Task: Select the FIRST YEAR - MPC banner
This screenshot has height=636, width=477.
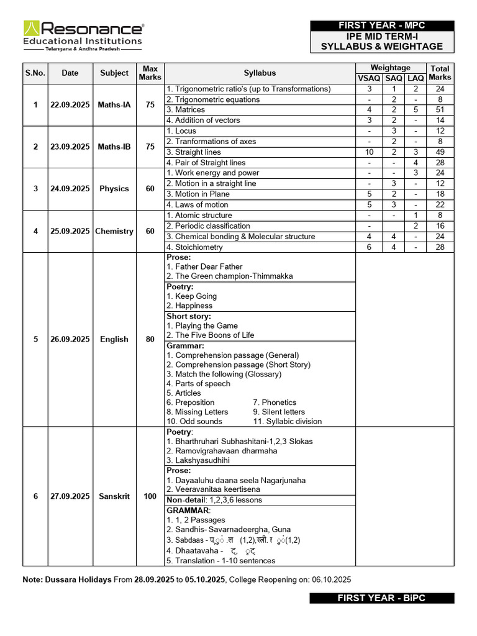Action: tap(381, 25)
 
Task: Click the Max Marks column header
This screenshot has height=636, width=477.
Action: tap(150, 73)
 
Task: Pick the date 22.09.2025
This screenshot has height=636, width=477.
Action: tap(70, 105)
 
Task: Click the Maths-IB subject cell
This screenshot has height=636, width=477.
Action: tap(114, 147)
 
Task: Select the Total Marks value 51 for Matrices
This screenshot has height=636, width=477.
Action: tap(440, 110)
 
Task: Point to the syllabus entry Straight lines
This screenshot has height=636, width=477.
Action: tap(198, 152)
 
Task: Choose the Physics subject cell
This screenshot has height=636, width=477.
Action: tap(114, 189)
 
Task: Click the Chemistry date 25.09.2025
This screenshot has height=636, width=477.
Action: tap(70, 231)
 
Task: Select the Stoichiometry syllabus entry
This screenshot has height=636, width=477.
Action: tap(198, 247)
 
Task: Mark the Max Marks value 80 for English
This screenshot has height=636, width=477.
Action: tap(150, 339)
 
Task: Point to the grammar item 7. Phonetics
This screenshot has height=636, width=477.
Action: tap(275, 402)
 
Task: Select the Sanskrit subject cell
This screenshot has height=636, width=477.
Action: tap(114, 496)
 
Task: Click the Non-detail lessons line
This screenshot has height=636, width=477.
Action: tap(214, 500)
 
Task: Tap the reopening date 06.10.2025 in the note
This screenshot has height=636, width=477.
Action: tap(332, 579)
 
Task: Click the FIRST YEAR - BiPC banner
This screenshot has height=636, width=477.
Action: tap(381, 598)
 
